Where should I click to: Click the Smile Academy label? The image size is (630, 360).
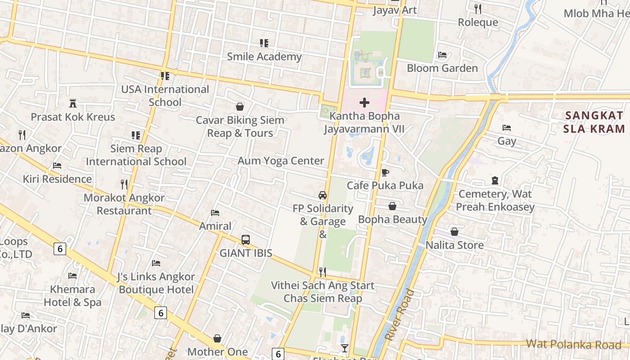tap(264, 57)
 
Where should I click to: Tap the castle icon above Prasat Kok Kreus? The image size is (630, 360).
tap(73, 103)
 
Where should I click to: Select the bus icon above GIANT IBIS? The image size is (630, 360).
tap(246, 239)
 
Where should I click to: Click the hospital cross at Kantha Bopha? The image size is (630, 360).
tap(364, 103)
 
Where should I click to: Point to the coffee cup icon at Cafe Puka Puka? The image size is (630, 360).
tap(385, 172)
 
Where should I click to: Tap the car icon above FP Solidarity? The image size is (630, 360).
tap(323, 195)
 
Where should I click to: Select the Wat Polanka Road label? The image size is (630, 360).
tap(573, 345)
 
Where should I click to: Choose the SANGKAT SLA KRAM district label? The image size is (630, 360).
tap(594, 121)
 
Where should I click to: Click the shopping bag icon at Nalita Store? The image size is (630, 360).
tap(454, 232)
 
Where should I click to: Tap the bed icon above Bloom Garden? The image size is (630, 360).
tap(442, 55)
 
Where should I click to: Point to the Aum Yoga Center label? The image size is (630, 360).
tap(281, 161)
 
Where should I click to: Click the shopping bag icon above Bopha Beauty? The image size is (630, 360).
tap(392, 206)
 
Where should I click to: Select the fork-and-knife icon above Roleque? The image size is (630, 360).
tap(478, 9)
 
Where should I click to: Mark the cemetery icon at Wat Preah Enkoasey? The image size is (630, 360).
tap(495, 180)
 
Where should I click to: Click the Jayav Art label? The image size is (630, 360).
tap(395, 10)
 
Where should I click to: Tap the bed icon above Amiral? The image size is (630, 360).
tap(215, 212)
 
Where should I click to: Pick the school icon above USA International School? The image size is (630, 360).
tap(165, 76)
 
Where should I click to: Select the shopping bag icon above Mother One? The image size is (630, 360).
tap(217, 338)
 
